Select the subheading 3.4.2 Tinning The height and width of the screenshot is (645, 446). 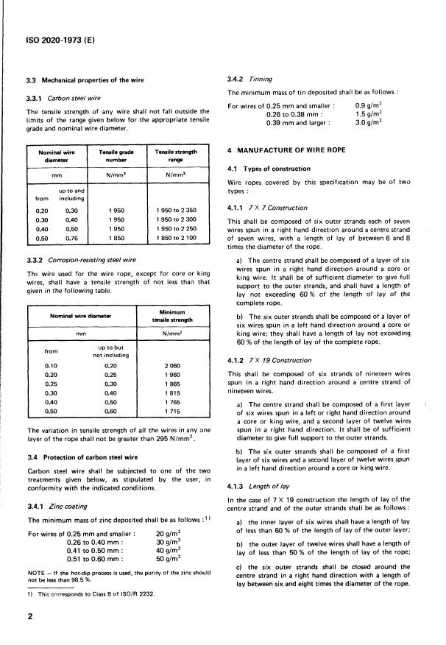tap(250, 79)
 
